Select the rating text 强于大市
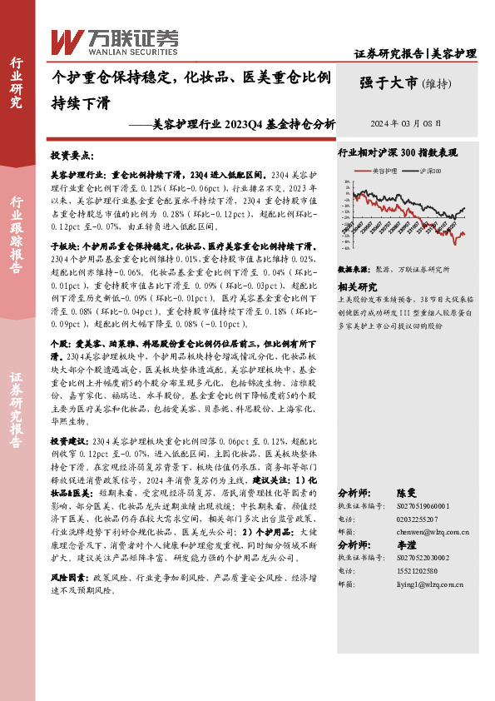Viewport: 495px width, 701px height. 389,82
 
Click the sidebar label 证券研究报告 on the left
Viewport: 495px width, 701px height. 16,399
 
